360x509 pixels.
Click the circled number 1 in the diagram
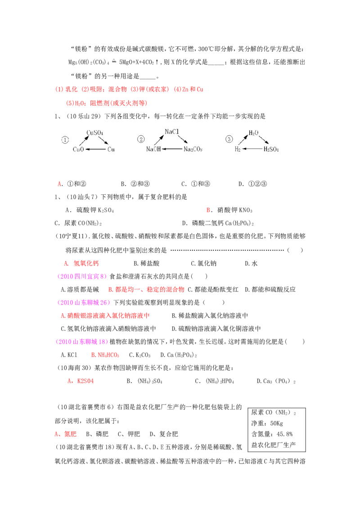click(x=65, y=140)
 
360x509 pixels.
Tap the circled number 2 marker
click(x=141, y=139)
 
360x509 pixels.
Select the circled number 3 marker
click(x=229, y=139)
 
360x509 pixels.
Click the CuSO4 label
click(x=95, y=133)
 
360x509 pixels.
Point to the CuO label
click(x=78, y=149)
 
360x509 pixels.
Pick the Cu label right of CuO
click(x=111, y=149)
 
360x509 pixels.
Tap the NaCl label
click(x=172, y=132)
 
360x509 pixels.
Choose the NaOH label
click(x=153, y=149)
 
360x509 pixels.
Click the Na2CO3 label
click(x=193, y=149)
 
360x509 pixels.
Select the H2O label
click(x=254, y=133)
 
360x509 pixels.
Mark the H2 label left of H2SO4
click(x=238, y=149)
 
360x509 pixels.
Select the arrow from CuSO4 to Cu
click(x=103, y=141)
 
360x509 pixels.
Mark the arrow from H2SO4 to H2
click(x=252, y=149)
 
